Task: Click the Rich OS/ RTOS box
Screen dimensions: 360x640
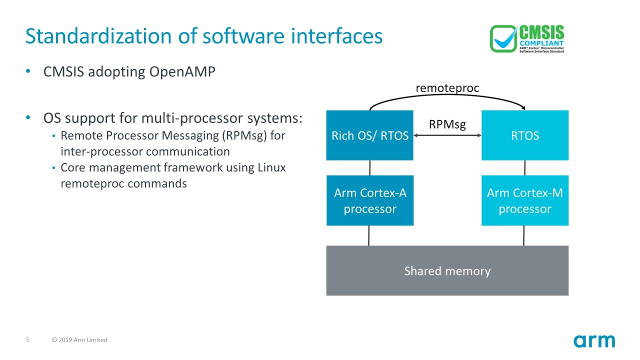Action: click(x=369, y=135)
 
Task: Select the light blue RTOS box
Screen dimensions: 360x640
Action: click(x=524, y=135)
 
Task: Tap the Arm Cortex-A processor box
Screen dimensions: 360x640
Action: click(x=370, y=200)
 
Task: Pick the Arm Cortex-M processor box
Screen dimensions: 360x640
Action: click(x=524, y=200)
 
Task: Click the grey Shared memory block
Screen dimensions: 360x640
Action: click(x=447, y=270)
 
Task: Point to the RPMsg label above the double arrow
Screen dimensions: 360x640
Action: click(x=447, y=124)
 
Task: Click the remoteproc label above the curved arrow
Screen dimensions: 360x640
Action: click(x=447, y=88)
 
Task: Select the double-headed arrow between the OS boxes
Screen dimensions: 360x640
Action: click(x=447, y=135)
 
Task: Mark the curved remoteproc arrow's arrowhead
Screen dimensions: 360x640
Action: click(x=523, y=107)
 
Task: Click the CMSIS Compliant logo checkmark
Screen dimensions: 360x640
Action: click(x=504, y=38)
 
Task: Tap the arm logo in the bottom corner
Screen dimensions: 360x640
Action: click(x=594, y=341)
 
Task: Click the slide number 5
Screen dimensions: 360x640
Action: click(x=28, y=340)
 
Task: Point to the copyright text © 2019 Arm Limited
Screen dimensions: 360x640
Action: click(x=79, y=340)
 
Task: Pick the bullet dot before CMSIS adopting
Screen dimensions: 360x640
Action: click(x=28, y=72)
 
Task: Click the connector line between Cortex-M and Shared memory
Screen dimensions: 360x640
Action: click(x=523, y=235)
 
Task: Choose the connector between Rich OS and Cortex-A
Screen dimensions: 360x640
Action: click(x=370, y=167)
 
